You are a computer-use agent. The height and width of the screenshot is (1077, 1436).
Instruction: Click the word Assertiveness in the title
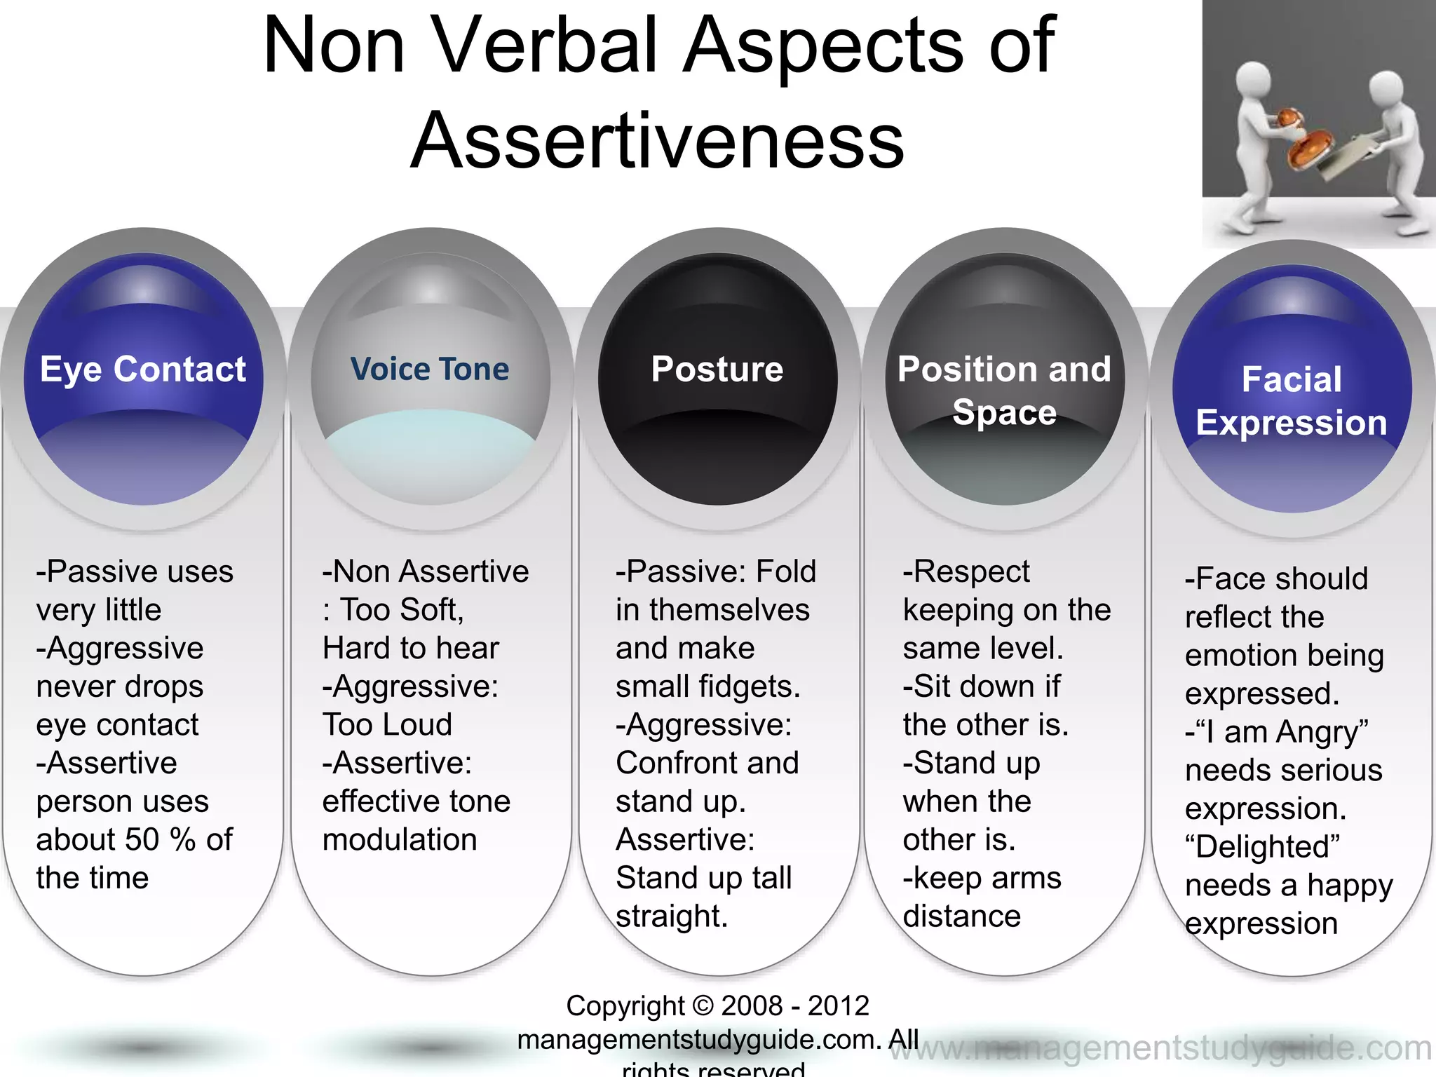click(658, 140)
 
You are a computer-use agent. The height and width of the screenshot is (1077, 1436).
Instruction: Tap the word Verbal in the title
click(546, 46)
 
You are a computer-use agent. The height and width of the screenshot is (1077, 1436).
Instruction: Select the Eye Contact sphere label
click(143, 370)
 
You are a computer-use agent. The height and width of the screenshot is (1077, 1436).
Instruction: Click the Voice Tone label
click(430, 370)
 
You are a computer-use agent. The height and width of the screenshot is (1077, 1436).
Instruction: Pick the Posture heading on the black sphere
click(717, 370)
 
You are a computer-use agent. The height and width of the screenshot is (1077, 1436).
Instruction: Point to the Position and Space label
click(1004, 390)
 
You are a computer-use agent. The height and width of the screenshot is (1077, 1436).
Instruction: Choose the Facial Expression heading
click(1292, 401)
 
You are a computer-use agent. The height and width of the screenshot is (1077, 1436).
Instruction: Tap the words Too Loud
click(388, 725)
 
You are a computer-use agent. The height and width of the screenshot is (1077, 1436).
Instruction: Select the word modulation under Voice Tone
click(400, 840)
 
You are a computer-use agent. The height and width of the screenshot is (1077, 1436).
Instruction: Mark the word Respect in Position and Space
click(971, 572)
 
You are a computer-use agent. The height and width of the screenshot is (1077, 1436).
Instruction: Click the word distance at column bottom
click(961, 916)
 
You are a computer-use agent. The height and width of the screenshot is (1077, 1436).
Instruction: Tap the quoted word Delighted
click(1262, 847)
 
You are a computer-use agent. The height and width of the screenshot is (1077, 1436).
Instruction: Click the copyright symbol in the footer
click(703, 1006)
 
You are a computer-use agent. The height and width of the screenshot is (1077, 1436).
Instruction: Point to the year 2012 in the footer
click(839, 1006)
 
